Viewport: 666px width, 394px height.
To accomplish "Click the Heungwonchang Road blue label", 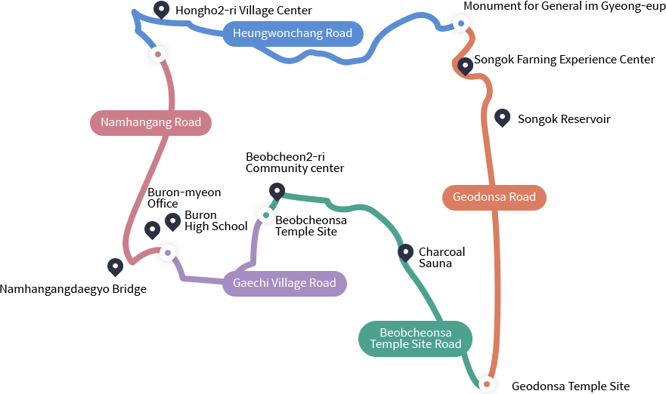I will coord(293,34).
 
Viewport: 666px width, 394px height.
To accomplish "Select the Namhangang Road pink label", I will coord(150,122).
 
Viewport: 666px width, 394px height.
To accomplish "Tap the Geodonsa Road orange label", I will coord(494,198).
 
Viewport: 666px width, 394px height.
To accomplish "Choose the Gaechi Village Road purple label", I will coord(284,283).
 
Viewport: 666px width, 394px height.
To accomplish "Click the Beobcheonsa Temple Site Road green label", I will coord(415,338).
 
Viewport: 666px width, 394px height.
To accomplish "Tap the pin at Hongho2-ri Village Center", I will coord(161,10).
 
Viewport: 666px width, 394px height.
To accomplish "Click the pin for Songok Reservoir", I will coord(502,117).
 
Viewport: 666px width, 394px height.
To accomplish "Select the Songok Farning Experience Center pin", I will coord(466,66).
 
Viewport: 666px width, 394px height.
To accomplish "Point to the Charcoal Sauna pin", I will coord(405,251).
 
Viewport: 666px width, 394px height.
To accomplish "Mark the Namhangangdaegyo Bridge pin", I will coord(115,266).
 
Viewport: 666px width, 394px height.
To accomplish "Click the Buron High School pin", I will coord(173,220).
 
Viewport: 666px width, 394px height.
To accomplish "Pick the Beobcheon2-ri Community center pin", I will coord(277,191).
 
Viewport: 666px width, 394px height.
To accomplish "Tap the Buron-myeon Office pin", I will coord(152,229).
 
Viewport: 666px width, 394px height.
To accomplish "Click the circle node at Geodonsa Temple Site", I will coord(487,384).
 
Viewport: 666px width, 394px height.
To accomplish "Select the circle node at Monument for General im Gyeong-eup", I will coord(461,24).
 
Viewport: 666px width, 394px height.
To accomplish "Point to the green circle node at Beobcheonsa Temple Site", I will coord(265,215).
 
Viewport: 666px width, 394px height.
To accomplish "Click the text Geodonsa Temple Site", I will coord(570,386).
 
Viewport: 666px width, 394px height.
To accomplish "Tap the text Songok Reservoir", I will coord(563,119).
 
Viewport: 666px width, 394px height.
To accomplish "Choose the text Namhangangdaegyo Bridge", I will coord(73,289).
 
